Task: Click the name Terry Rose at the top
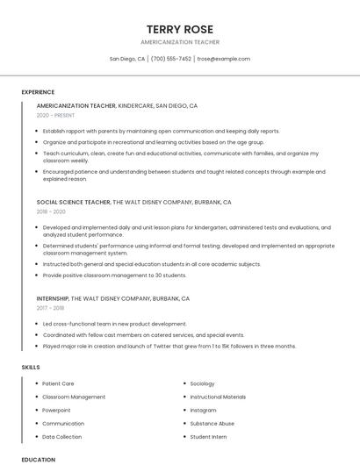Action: [x=180, y=29]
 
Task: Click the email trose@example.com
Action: [x=223, y=59]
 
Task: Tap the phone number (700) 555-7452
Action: [x=170, y=59]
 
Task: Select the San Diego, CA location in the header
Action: [x=127, y=59]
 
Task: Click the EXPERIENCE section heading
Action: [x=38, y=92]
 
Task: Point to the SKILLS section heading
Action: [x=30, y=367]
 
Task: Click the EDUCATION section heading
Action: [x=38, y=459]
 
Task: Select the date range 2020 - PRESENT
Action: [x=55, y=115]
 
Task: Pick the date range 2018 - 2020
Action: [x=51, y=211]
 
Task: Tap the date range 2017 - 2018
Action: [x=51, y=308]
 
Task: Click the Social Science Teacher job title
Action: [x=74, y=202]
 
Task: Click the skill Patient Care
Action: [x=58, y=383]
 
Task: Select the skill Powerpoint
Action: [x=56, y=410]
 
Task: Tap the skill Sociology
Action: [x=202, y=383]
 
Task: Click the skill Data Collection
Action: [x=61, y=436]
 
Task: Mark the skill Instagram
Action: [x=203, y=410]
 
